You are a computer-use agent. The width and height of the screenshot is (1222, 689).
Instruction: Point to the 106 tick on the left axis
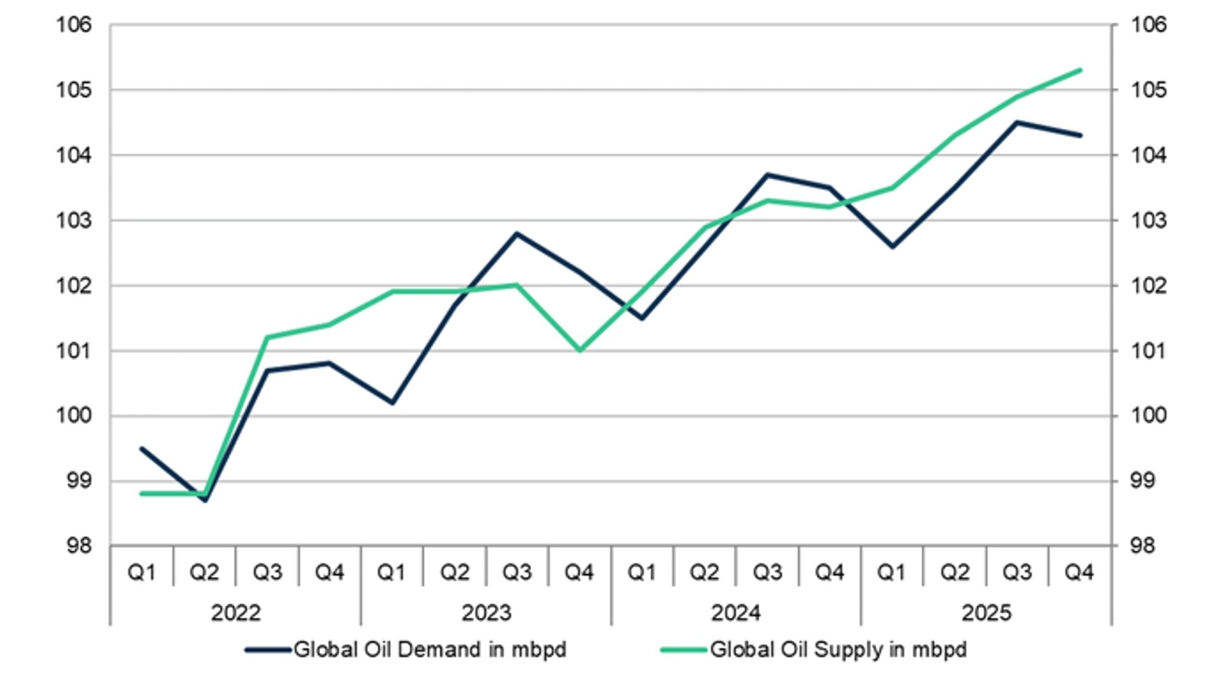73,25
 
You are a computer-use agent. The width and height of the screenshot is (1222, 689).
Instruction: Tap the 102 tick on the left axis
73,286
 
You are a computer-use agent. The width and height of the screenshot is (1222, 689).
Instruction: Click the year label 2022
235,613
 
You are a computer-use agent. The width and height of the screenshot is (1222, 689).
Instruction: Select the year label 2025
986,613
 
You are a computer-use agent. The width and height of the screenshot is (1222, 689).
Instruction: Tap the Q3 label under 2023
516,572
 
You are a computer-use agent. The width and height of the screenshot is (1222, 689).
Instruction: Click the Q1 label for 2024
642,572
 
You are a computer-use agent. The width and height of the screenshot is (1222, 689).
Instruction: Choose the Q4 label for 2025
1079,572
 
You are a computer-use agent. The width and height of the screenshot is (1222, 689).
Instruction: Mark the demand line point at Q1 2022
142,448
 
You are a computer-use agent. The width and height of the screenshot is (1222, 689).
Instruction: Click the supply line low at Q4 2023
580,351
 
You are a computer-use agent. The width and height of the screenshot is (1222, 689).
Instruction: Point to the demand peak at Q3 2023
517,234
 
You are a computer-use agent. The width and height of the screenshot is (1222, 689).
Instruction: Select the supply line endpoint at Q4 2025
1080,70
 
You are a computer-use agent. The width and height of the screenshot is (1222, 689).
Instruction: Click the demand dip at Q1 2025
892,247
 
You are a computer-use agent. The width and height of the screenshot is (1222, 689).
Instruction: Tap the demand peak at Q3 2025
1017,122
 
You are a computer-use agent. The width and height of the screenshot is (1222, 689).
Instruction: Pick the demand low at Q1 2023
393,403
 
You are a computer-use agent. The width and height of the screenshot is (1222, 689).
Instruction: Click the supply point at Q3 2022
267,337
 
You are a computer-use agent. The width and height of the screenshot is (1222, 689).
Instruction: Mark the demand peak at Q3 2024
768,175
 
